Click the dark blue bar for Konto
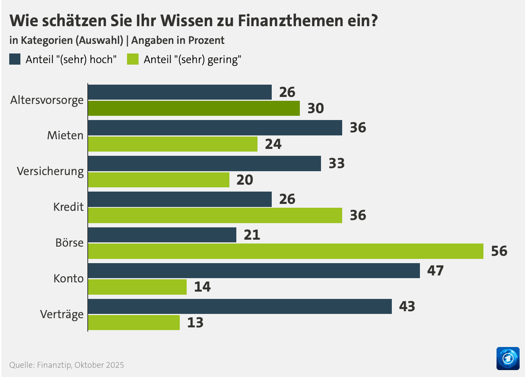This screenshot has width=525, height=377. coord(254,270)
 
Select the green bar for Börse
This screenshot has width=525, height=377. coord(285,251)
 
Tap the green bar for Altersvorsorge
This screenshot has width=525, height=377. coord(194,108)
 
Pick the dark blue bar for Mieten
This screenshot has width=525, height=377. coord(215,128)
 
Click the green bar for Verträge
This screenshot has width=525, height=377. coord(134,322)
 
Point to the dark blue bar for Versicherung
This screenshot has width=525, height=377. coord(204,163)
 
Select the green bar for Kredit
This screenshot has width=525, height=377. coord(215,215)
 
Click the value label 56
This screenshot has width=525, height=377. coord(499,251)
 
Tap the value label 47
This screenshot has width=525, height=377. coord(435,270)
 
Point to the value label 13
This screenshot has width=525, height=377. coord(195,322)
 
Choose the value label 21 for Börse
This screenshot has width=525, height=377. coord(252,235)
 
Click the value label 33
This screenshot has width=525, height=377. coord(336,163)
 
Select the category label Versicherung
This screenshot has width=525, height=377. coord(50,171)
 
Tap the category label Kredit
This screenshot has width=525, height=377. coord(68,207)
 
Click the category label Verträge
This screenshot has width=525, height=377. coord(62,314)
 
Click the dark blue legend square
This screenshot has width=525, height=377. coord(15,59)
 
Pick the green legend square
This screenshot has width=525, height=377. coord(133,59)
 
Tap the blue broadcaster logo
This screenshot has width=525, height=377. coord(508,358)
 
